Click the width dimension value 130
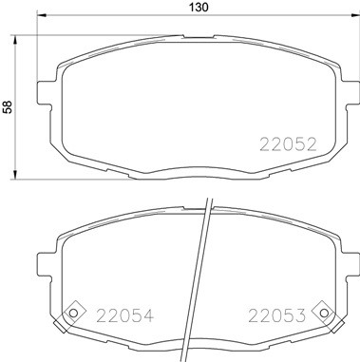pyautogui.click(x=198, y=8)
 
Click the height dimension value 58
pyautogui.click(x=8, y=107)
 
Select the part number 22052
pyautogui.click(x=288, y=145)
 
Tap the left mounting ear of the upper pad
pyautogui.click(x=40, y=92)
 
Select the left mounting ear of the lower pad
pyautogui.click(x=40, y=262)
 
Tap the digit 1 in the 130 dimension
pyautogui.click(x=189, y=8)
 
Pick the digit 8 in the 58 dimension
pyautogui.click(x=8, y=103)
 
